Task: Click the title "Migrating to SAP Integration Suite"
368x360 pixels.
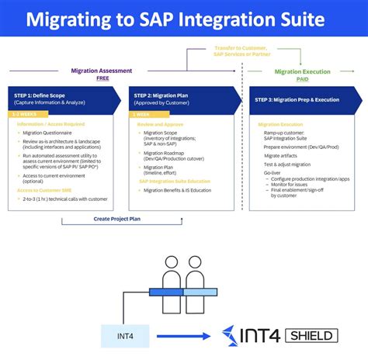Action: point(184,19)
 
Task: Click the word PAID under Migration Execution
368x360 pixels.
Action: point(303,78)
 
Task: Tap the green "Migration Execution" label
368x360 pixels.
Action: point(303,71)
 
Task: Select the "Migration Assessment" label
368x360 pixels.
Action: point(95,70)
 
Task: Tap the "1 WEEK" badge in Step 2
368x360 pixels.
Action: point(145,114)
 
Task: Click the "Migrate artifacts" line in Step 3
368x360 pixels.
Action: point(279,155)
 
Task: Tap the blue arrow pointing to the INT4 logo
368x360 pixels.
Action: point(186,335)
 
